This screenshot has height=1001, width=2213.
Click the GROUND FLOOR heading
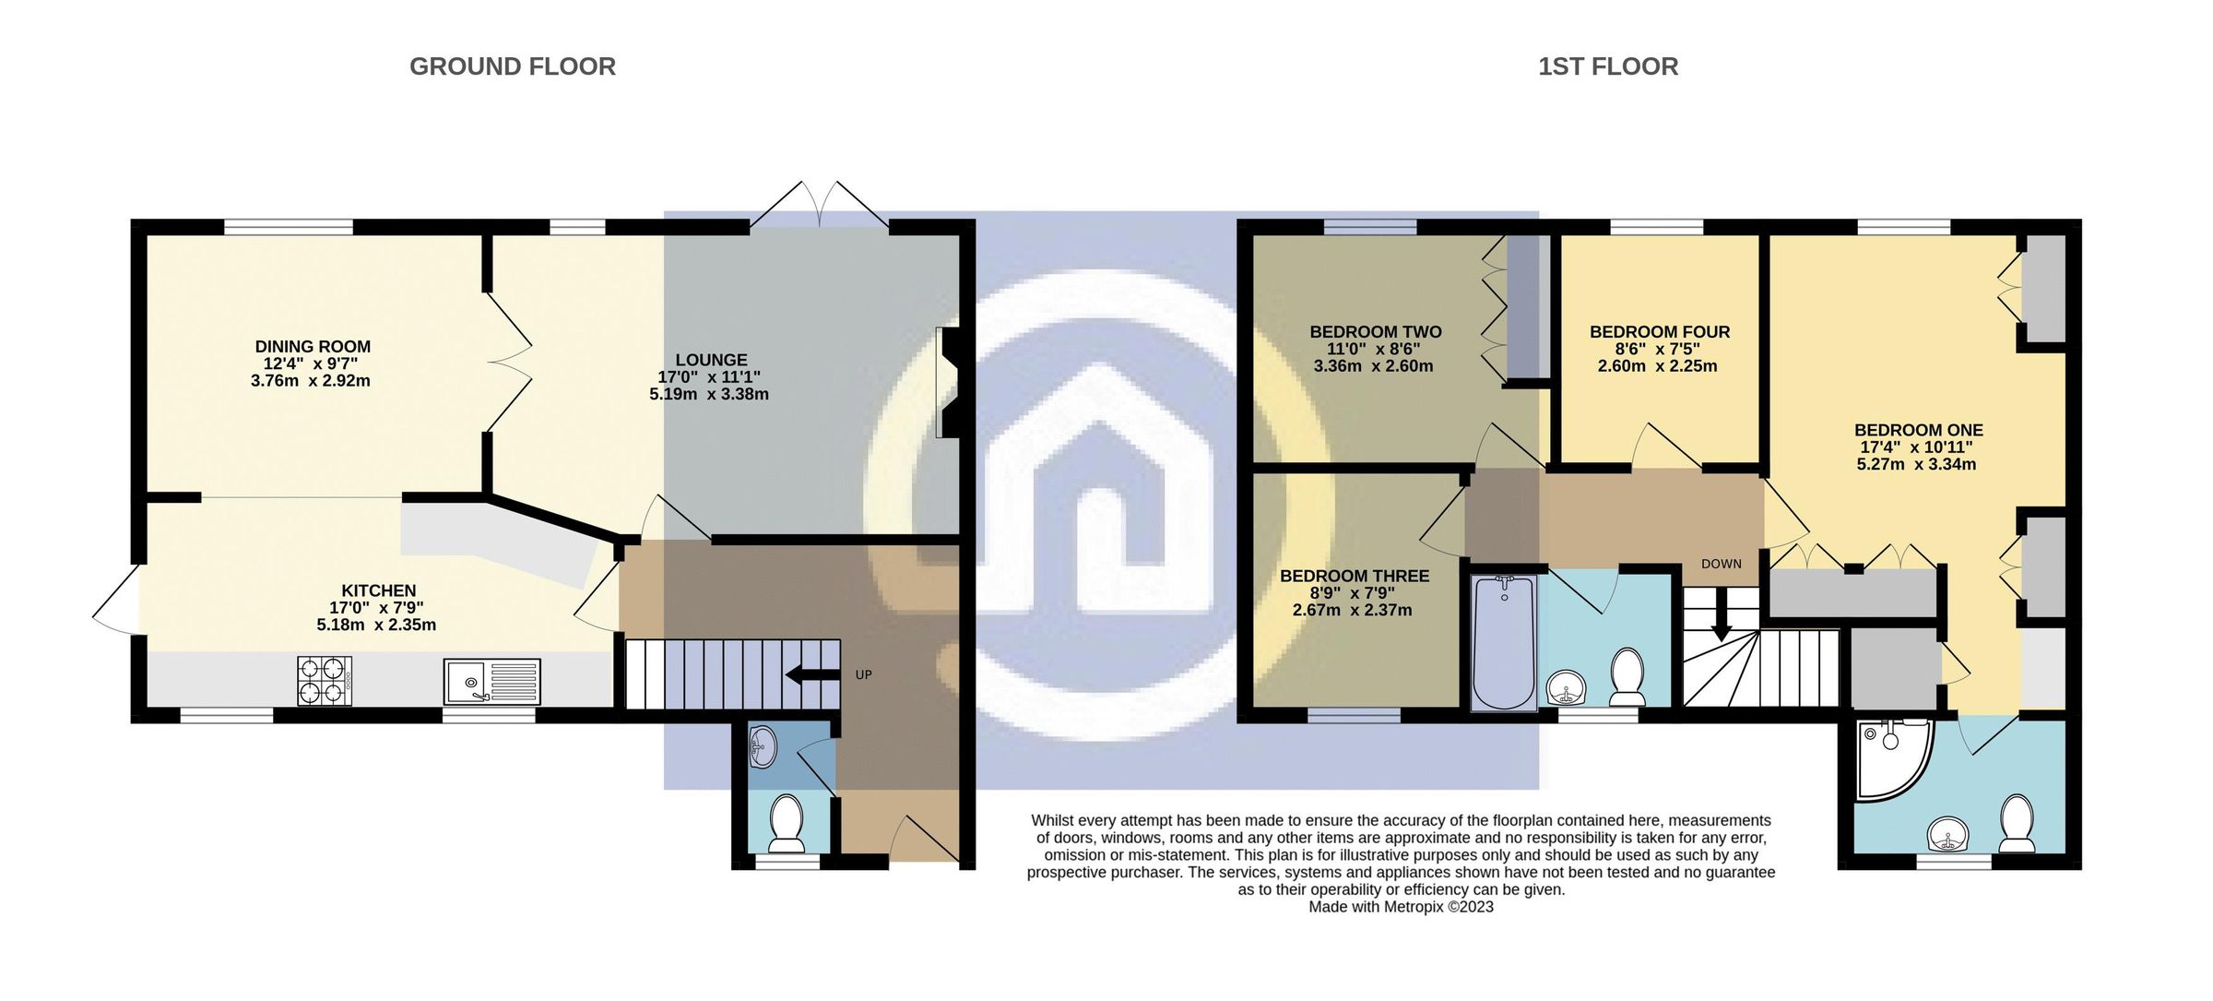(x=512, y=66)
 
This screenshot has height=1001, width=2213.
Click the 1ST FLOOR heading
(x=1607, y=66)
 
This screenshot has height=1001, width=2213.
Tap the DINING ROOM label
(x=313, y=347)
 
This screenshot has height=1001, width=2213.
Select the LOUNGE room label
(x=711, y=360)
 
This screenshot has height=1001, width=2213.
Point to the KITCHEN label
(x=378, y=590)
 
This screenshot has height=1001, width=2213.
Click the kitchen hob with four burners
(x=324, y=681)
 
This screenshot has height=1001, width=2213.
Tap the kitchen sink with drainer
(x=491, y=681)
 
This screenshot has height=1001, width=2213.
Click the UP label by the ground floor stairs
(x=863, y=674)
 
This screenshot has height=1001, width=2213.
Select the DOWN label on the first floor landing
(x=1721, y=564)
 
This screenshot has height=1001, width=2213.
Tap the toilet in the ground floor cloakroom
(x=787, y=824)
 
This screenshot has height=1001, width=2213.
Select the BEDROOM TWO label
(x=1375, y=332)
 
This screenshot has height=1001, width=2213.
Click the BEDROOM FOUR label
(x=1659, y=332)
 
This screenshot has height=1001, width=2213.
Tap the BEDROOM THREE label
(x=1354, y=576)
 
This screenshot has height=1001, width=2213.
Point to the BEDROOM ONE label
(x=1918, y=430)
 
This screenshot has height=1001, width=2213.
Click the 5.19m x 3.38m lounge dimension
(x=708, y=395)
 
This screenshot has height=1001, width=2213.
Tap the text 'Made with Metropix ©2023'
(x=1401, y=907)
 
